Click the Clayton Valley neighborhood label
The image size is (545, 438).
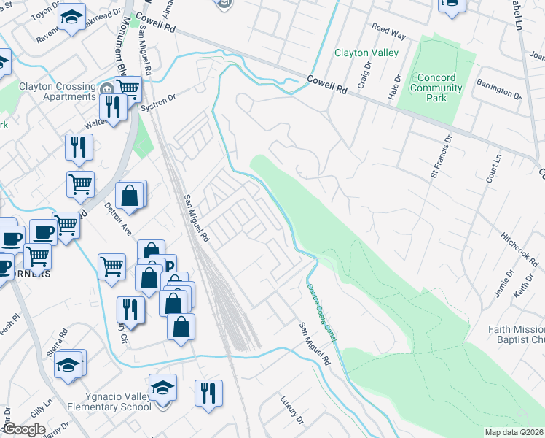point(366,53)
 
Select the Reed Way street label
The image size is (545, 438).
point(388,33)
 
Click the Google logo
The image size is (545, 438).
point(24,429)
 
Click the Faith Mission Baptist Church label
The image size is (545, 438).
point(516,334)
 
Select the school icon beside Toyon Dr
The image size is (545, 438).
point(71,18)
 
